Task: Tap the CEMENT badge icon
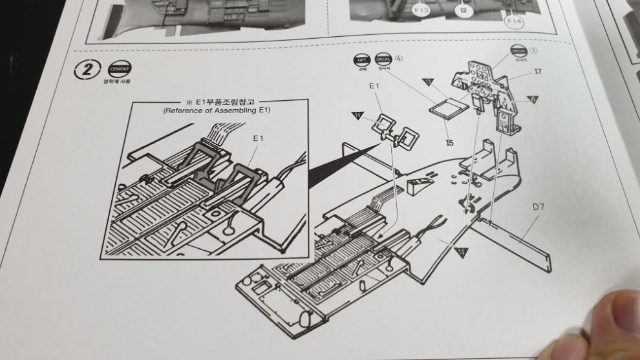pos(120,70)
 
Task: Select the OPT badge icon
pos(361,60)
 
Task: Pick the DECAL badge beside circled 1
pos(518,50)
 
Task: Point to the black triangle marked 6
pos(533,99)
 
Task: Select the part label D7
pos(539,207)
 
